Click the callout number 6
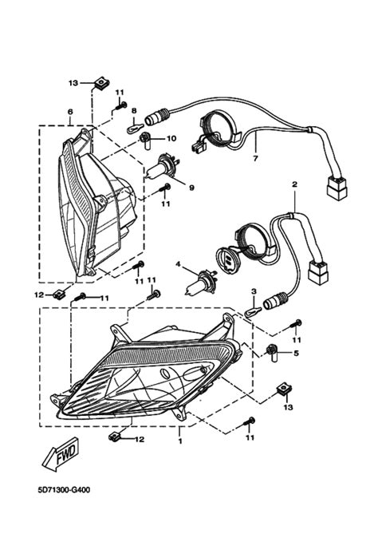(x=70, y=112)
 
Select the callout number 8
(x=134, y=111)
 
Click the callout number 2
(x=294, y=184)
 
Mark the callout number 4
(x=179, y=264)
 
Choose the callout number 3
(x=253, y=291)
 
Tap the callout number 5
(x=296, y=352)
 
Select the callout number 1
(x=181, y=440)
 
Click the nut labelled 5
(x=274, y=350)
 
